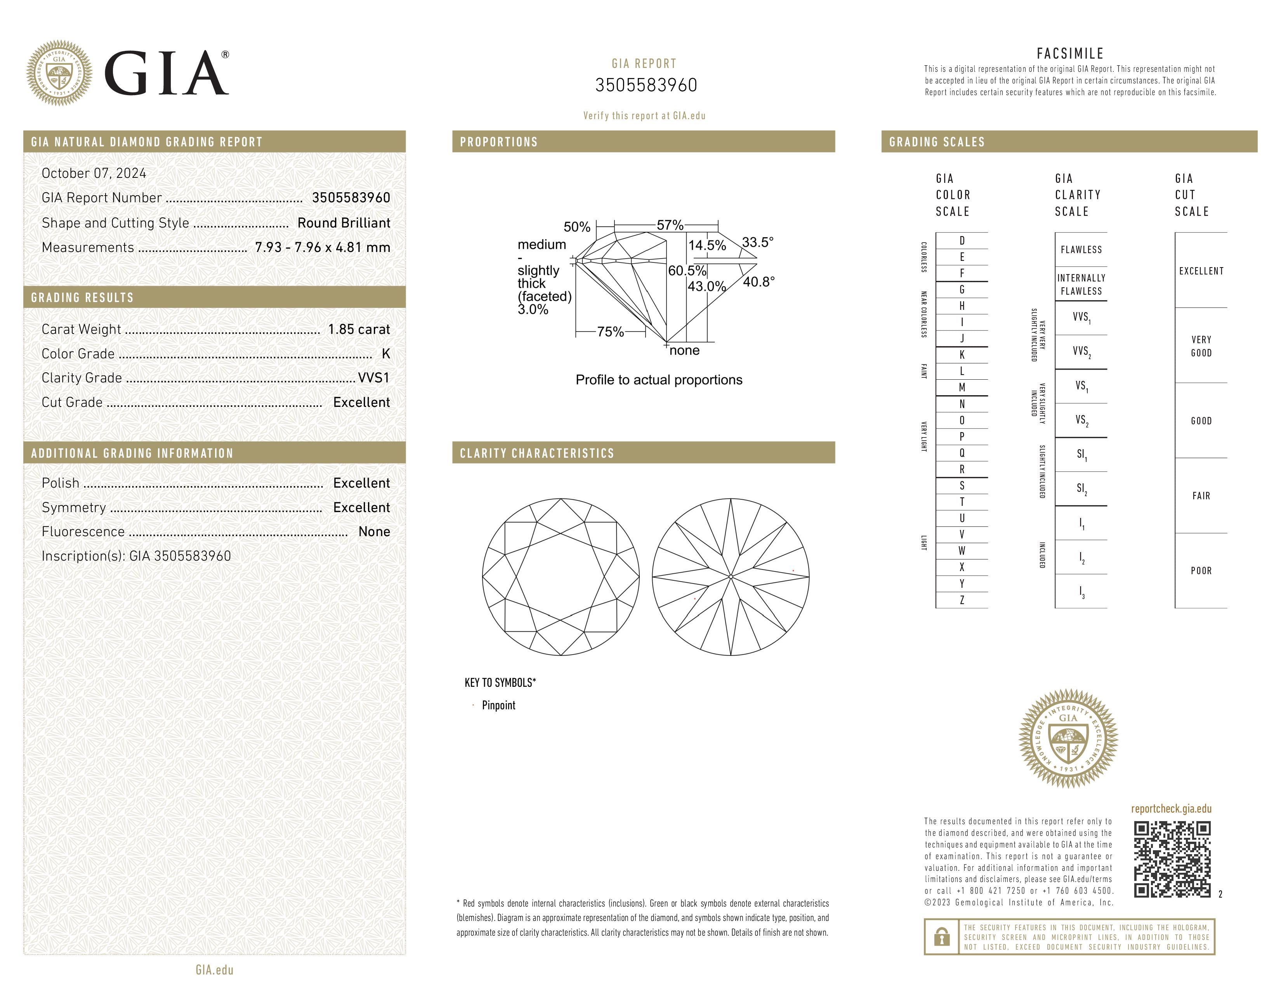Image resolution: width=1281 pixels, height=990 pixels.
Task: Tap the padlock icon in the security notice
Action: coord(941,937)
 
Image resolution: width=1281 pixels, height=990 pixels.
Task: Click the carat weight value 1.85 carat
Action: coord(358,330)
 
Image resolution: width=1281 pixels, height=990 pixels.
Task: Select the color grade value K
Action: coord(385,354)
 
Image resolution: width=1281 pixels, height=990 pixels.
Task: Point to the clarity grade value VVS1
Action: coord(373,378)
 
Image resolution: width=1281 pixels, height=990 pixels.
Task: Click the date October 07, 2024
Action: coord(94,173)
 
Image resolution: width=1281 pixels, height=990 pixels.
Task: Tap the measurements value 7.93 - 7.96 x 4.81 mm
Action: coord(323,248)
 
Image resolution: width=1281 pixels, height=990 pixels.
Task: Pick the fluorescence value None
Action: coord(373,531)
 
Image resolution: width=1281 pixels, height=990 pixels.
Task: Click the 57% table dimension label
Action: coord(670,225)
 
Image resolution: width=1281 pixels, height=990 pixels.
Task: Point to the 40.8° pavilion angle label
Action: coord(759,282)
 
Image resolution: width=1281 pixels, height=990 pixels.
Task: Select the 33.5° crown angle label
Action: coord(757,242)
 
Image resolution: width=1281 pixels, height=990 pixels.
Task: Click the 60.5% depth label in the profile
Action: coord(687,271)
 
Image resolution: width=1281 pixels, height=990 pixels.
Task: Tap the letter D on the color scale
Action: coord(962,240)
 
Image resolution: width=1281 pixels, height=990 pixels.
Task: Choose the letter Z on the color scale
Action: coord(962,600)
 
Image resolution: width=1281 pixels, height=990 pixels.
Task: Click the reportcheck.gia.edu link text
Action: coord(1171,809)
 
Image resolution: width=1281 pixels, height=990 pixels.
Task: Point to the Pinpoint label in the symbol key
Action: coord(498,705)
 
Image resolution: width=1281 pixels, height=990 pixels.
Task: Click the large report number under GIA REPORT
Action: coord(646,86)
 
